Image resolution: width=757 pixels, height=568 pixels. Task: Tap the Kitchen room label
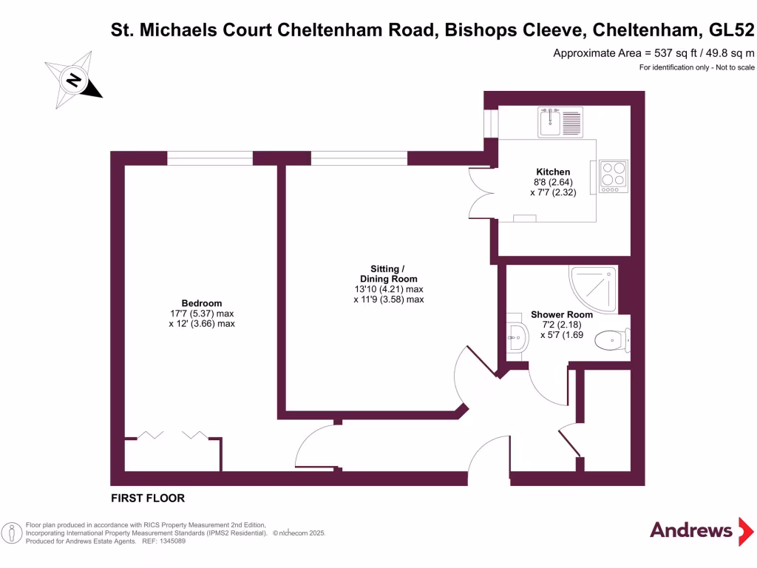click(553, 172)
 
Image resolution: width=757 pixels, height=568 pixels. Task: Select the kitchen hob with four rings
click(613, 177)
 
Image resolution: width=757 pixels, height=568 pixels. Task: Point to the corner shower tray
click(594, 288)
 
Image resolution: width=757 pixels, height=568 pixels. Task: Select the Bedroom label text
click(202, 303)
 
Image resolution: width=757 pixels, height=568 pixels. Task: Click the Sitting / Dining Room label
click(388, 273)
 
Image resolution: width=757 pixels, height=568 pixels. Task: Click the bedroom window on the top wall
click(210, 158)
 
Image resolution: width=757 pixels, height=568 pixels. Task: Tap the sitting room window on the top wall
click(359, 158)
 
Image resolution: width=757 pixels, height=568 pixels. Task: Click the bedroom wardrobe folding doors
click(173, 436)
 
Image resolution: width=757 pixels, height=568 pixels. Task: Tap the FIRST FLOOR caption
click(148, 498)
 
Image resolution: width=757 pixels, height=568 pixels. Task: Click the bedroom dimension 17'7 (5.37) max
click(202, 314)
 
